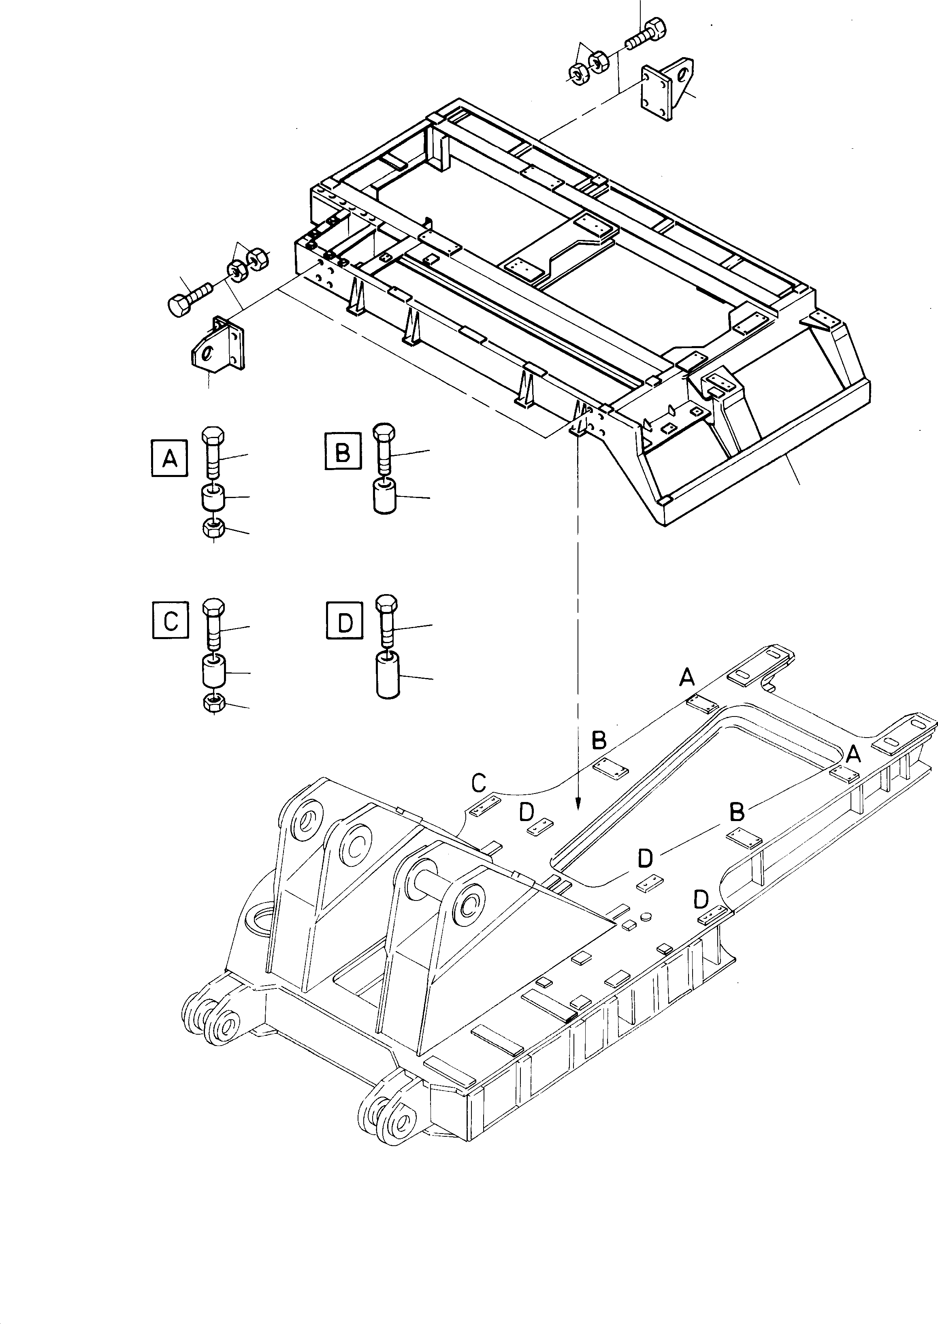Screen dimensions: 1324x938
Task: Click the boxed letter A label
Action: point(169,458)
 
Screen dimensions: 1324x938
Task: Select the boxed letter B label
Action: point(343,451)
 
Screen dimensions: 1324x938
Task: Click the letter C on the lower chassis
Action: point(479,783)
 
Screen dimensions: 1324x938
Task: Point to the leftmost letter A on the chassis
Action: point(687,677)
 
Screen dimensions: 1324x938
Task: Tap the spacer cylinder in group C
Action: point(213,670)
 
